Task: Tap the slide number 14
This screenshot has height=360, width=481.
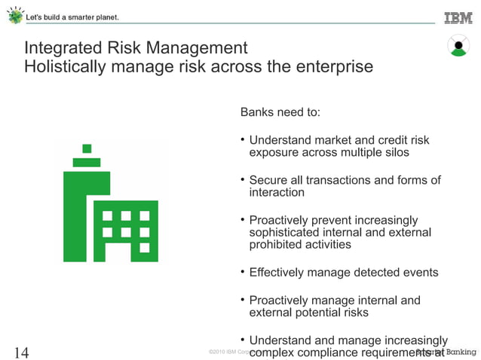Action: pyautogui.click(x=22, y=352)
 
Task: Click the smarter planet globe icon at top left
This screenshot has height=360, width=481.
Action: pyautogui.click(x=14, y=16)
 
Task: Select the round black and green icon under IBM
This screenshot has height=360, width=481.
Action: pyautogui.click(x=458, y=47)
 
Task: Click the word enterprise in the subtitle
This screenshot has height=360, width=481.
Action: pyautogui.click(x=335, y=66)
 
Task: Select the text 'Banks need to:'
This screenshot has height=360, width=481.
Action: pyautogui.click(x=280, y=112)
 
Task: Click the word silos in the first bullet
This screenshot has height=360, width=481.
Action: pyautogui.click(x=394, y=152)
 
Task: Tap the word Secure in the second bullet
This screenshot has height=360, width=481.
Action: pyautogui.click(x=269, y=180)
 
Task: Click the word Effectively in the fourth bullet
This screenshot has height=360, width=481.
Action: pyautogui.click(x=280, y=273)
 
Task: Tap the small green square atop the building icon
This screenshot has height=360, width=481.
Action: pyautogui.click(x=87, y=148)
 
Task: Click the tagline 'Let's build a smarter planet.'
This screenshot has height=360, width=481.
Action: pyautogui.click(x=72, y=17)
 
